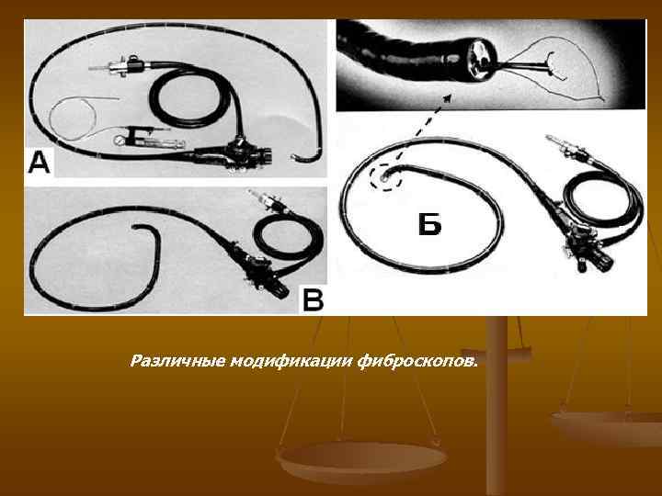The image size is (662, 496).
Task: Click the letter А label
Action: [41, 164]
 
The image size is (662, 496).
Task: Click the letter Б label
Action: [428, 223]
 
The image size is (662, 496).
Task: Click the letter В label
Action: [314, 299]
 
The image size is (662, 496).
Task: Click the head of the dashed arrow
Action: [449, 92]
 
